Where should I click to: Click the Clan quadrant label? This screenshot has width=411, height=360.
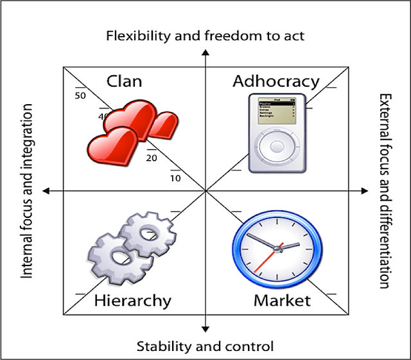125,81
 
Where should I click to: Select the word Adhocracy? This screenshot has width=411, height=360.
275,82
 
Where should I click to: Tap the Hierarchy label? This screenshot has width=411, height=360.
132,300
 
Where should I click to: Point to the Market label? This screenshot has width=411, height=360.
282,300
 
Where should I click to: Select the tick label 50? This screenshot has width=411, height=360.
80,96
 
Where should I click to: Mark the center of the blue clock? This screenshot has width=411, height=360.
276,246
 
